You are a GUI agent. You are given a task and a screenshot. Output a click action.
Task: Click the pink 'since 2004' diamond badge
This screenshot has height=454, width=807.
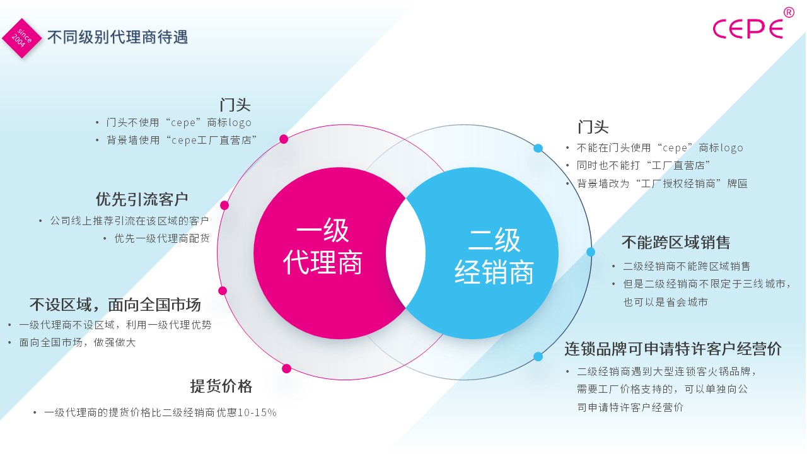coord(22,38)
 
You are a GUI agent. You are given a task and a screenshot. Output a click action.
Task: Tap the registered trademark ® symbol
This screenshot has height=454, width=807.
coord(789,13)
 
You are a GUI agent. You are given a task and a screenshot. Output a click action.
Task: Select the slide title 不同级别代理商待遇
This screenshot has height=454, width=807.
coord(117,37)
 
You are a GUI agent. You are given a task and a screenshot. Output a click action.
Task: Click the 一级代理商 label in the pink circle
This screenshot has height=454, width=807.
coord(322,246)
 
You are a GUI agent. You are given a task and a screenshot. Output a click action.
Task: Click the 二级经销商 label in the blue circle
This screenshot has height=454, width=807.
coord(494,256)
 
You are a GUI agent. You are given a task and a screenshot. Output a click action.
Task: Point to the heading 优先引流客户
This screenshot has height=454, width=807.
coord(142,199)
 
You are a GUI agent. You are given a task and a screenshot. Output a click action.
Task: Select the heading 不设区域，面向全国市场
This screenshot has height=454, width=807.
coord(115,305)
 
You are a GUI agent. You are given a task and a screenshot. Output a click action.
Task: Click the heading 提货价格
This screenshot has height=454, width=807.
coord(221,386)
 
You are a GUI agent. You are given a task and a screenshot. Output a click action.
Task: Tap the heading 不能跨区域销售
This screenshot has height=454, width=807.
coord(676,242)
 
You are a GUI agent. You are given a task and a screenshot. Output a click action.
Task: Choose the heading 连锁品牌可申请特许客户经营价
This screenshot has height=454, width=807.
coord(673,349)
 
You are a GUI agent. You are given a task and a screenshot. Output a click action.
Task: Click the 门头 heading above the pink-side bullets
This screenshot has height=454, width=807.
coord(235,105)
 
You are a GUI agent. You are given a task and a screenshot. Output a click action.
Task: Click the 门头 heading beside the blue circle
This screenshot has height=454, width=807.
coord(593,127)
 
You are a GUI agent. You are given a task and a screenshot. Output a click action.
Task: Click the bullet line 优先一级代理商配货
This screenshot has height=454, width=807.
coord(162,238)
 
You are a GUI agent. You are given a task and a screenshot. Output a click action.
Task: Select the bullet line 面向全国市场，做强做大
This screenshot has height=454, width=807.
coord(77,342)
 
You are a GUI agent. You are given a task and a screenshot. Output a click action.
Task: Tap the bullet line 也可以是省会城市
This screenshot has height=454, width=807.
coord(665,302)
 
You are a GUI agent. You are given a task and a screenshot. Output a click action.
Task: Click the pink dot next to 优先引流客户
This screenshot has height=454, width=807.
coord(224,205)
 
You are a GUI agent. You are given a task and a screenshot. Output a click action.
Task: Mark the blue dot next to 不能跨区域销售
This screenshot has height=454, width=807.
coord(591,252)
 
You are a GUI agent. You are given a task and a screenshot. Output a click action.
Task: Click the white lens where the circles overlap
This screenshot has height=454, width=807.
coord(405,253)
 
